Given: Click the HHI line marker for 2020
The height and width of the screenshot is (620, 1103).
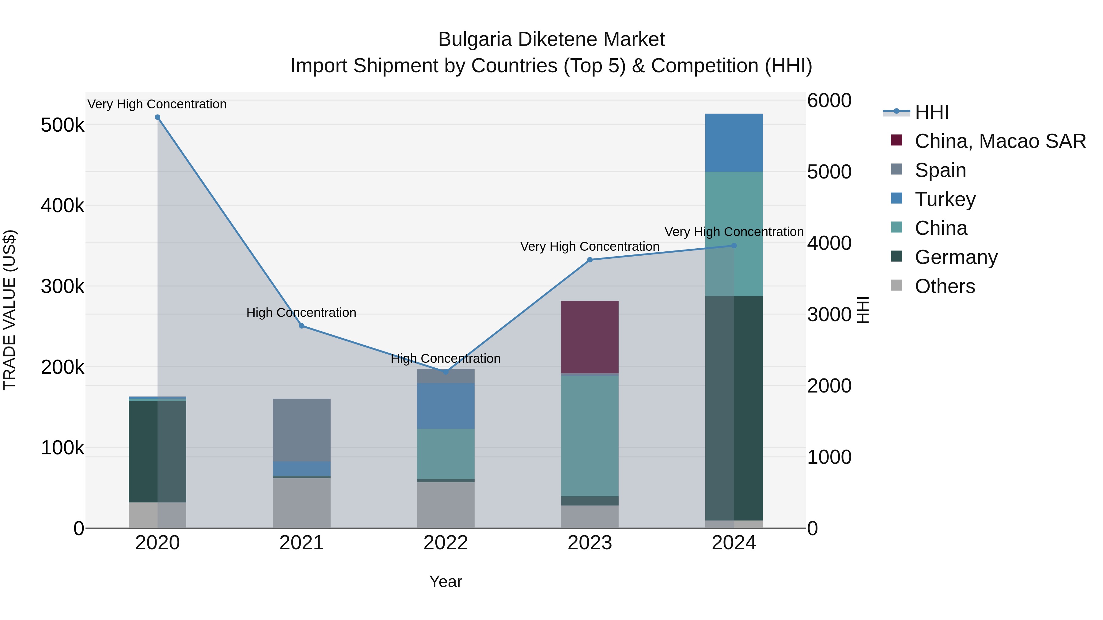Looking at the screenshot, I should [x=157, y=117].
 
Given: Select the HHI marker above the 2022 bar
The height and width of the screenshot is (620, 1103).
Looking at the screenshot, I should [x=446, y=372].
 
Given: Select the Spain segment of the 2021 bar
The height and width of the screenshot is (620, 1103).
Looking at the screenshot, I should [x=301, y=430].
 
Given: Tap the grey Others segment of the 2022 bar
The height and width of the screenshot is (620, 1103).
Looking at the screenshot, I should [x=446, y=505].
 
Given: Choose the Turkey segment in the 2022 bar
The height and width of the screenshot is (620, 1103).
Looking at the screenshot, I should [x=446, y=406].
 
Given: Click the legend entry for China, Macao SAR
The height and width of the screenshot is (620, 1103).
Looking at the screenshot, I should [x=999, y=141].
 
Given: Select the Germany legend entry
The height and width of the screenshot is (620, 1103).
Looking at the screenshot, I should [x=956, y=257].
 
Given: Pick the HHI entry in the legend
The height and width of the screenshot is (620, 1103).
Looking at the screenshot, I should [x=931, y=112].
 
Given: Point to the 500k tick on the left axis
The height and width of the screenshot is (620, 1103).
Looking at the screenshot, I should [x=63, y=125].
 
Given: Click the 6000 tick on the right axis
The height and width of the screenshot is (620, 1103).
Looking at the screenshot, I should [x=829, y=101].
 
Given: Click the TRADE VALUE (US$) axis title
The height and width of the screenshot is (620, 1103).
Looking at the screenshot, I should [x=10, y=310].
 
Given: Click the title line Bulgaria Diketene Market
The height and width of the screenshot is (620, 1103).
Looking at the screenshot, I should [x=551, y=39].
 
